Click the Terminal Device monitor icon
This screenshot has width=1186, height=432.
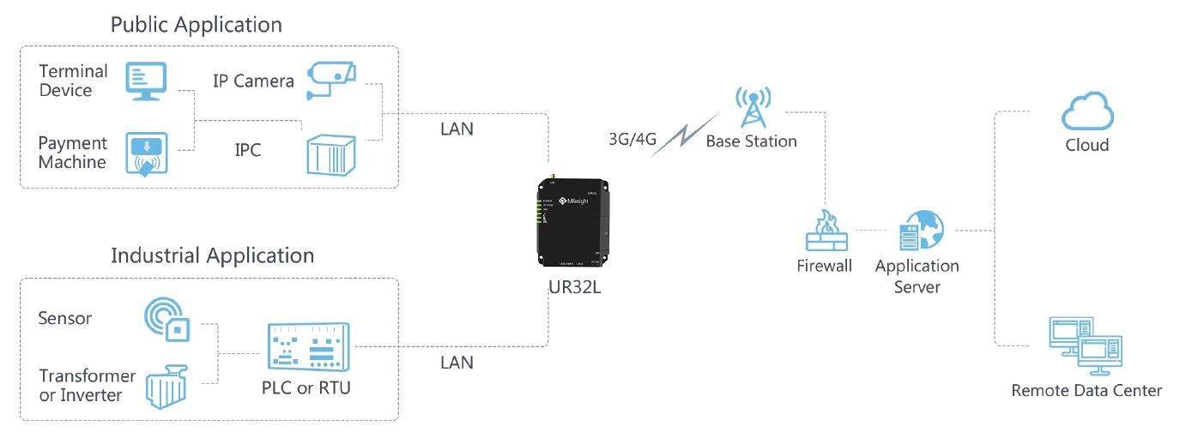[x=147, y=81]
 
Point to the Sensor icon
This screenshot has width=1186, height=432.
[x=166, y=318]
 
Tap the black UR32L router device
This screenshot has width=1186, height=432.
[x=574, y=220]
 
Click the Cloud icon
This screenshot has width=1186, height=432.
[x=1087, y=112]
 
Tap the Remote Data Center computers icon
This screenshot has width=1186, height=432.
[x=1086, y=346]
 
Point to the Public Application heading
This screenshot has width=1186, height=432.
[x=196, y=25]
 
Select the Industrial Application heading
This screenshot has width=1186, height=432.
[x=212, y=255]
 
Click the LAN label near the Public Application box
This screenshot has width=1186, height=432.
[x=457, y=129]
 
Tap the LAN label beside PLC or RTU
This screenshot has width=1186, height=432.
[x=457, y=363]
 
